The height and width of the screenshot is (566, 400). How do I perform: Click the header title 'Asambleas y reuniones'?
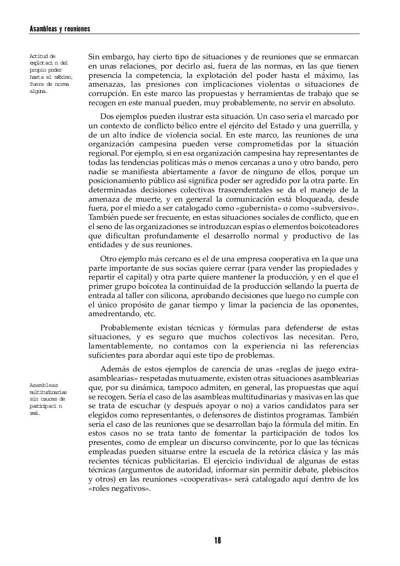pos(60,29)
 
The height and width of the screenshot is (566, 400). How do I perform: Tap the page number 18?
pos(217,540)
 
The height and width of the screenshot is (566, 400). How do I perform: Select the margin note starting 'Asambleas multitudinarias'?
pos(48,399)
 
